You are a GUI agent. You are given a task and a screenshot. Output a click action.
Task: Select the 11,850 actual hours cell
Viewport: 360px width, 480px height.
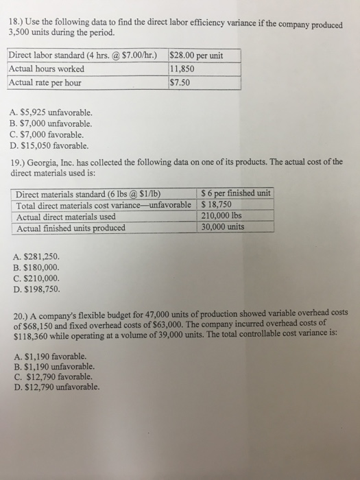[x=184, y=69]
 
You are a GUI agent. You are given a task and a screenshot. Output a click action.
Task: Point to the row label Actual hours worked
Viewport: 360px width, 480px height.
[x=47, y=69]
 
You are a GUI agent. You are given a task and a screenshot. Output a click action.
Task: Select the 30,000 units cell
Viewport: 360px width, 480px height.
[x=226, y=227]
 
